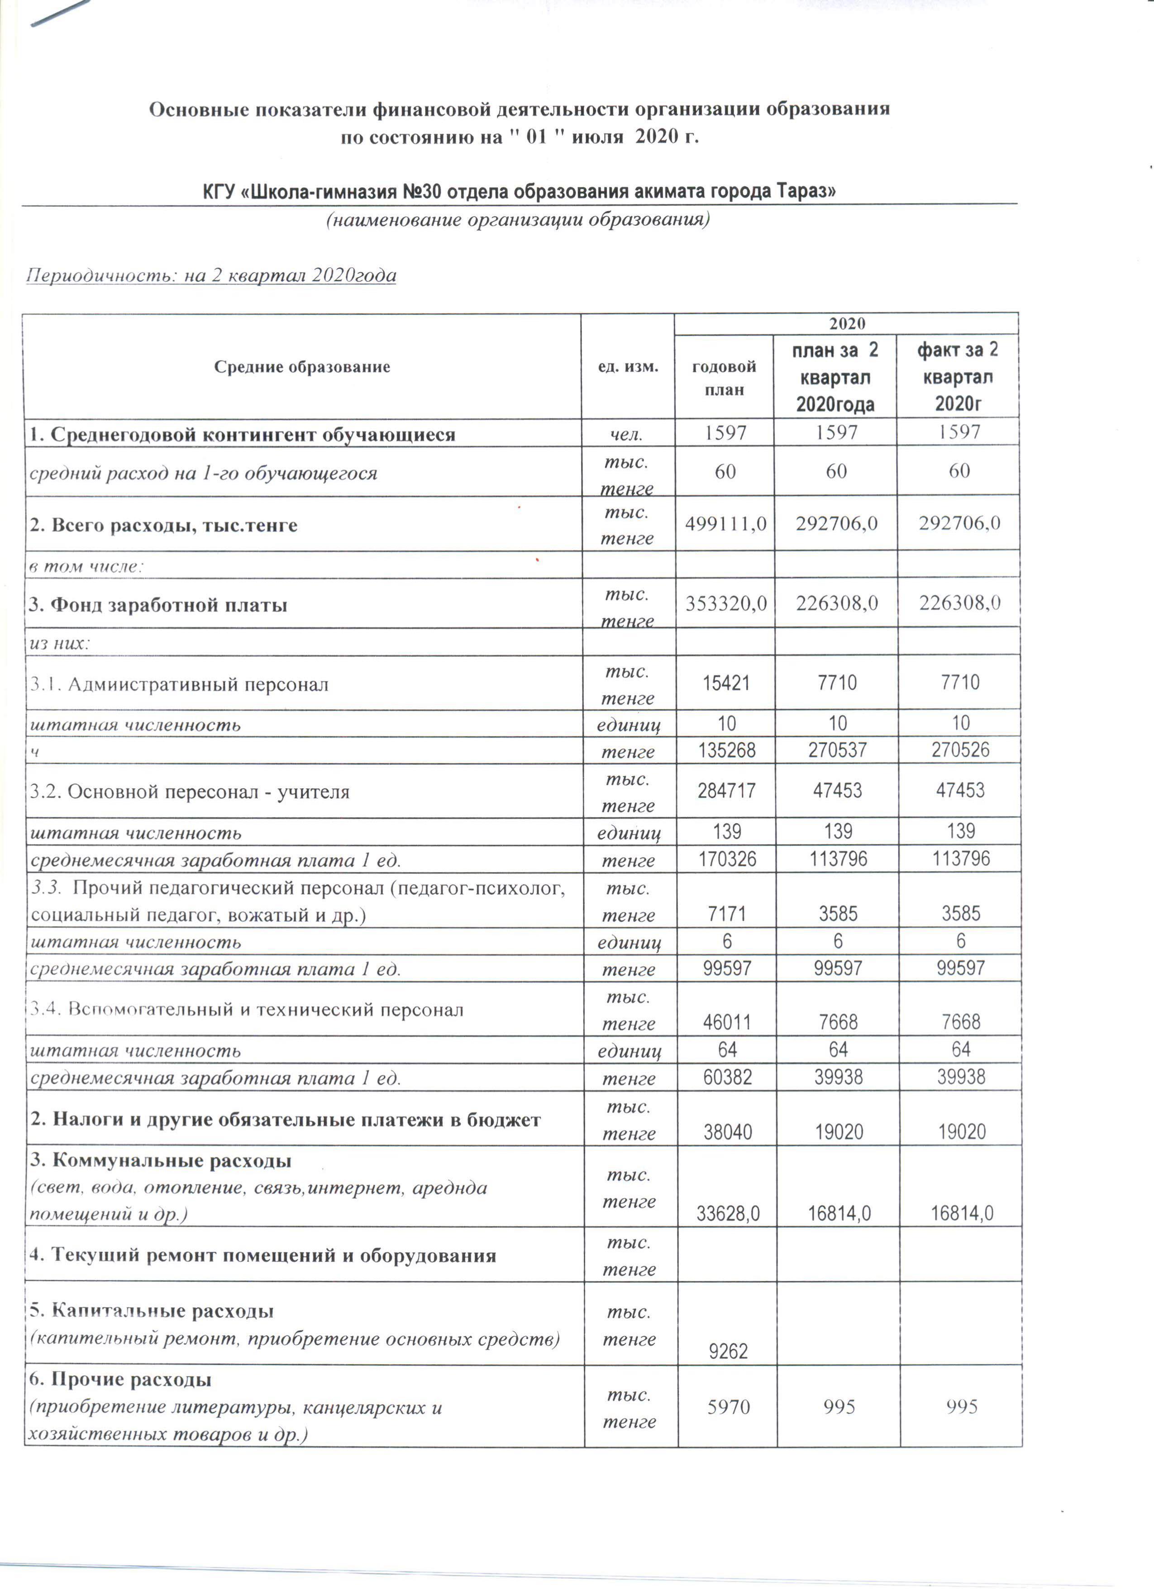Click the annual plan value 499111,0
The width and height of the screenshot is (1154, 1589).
click(x=725, y=523)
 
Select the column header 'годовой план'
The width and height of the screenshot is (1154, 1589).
click(x=724, y=378)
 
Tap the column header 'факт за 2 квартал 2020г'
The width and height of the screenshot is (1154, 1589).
click(x=958, y=377)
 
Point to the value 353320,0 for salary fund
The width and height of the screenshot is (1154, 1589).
click(x=725, y=603)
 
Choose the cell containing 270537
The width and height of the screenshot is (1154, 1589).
click(x=837, y=750)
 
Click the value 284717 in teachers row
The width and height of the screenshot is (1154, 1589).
click(x=726, y=790)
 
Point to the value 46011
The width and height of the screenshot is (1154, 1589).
click(x=727, y=1022)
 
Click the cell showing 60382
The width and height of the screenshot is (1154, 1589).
click(x=727, y=1077)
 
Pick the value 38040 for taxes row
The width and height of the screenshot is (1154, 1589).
click(x=728, y=1132)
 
